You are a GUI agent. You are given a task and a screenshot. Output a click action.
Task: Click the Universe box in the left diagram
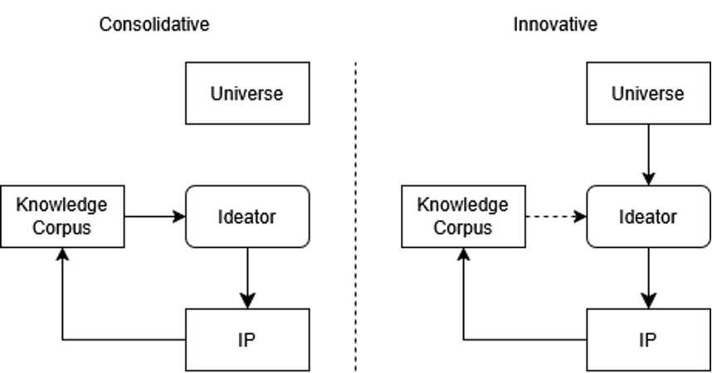246,93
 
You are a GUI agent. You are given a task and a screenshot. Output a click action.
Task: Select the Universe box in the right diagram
647,93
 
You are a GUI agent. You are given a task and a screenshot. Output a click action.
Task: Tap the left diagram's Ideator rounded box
246,217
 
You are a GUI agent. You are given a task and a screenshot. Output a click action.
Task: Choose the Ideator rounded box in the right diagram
647,217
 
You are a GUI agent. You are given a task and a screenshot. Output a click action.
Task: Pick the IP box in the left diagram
246,340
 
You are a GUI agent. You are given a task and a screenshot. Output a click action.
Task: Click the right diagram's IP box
647,340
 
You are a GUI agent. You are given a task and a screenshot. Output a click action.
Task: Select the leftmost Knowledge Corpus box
61,216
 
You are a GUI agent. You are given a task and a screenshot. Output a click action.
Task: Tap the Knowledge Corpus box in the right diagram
463,216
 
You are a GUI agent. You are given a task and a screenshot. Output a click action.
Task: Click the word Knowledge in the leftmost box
61,205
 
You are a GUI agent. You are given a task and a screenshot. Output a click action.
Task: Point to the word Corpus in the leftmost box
61,228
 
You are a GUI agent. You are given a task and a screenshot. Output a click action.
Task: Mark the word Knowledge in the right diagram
462,205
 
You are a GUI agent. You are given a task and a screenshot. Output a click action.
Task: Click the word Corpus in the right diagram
462,228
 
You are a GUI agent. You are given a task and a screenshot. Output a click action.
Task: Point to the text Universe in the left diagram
246,94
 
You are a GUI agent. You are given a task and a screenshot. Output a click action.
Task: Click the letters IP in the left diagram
246,341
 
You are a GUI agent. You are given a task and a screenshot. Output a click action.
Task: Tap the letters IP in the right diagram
647,341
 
